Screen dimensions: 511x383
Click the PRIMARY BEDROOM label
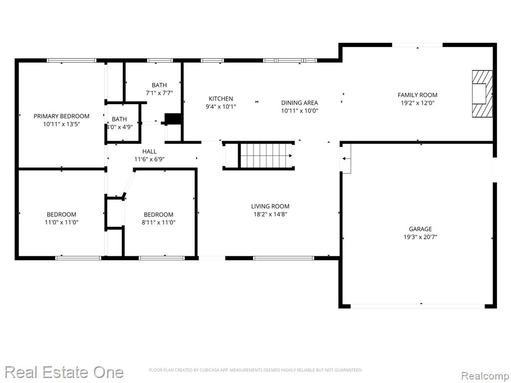pos(61,116)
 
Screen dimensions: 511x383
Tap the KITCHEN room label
pos(221,99)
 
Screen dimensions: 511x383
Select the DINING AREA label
pos(299,103)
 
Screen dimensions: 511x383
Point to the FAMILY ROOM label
pos(418,95)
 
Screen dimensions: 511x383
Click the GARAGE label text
pos(420,229)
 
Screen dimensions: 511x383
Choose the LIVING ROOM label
pos(270,206)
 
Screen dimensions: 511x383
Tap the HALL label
pos(149,152)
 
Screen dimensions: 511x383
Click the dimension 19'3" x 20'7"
pos(420,237)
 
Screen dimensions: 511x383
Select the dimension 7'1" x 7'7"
pos(159,93)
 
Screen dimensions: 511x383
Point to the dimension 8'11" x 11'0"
pos(159,222)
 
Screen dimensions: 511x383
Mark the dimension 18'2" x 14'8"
pos(270,214)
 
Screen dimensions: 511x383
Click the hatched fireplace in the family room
pos(483,94)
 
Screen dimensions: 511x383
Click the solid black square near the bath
pos(173,119)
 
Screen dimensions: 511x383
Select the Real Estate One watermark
pos(64,372)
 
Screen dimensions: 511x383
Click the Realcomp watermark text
pos(485,376)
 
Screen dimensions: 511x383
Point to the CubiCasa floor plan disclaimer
pos(255,370)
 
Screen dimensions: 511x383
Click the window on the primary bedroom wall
pos(71,60)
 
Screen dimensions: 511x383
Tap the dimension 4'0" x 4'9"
pos(120,127)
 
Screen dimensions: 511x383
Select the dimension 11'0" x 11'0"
pos(61,222)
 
